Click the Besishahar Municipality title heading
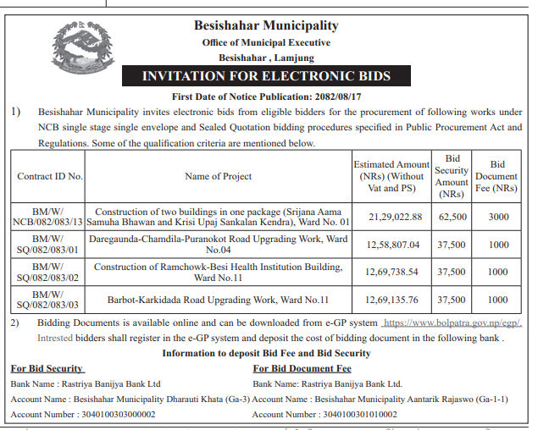[x=266, y=26]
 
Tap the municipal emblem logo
[x=80, y=50]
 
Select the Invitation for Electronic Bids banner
[x=266, y=75]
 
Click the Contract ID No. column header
[x=50, y=176]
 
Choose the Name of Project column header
[x=219, y=176]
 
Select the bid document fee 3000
[x=498, y=217]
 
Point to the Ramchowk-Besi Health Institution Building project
[x=219, y=273]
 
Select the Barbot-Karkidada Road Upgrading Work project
[x=219, y=300]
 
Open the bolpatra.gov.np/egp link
[x=452, y=324]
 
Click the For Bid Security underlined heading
[x=47, y=368]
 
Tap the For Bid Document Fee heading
[x=302, y=368]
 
